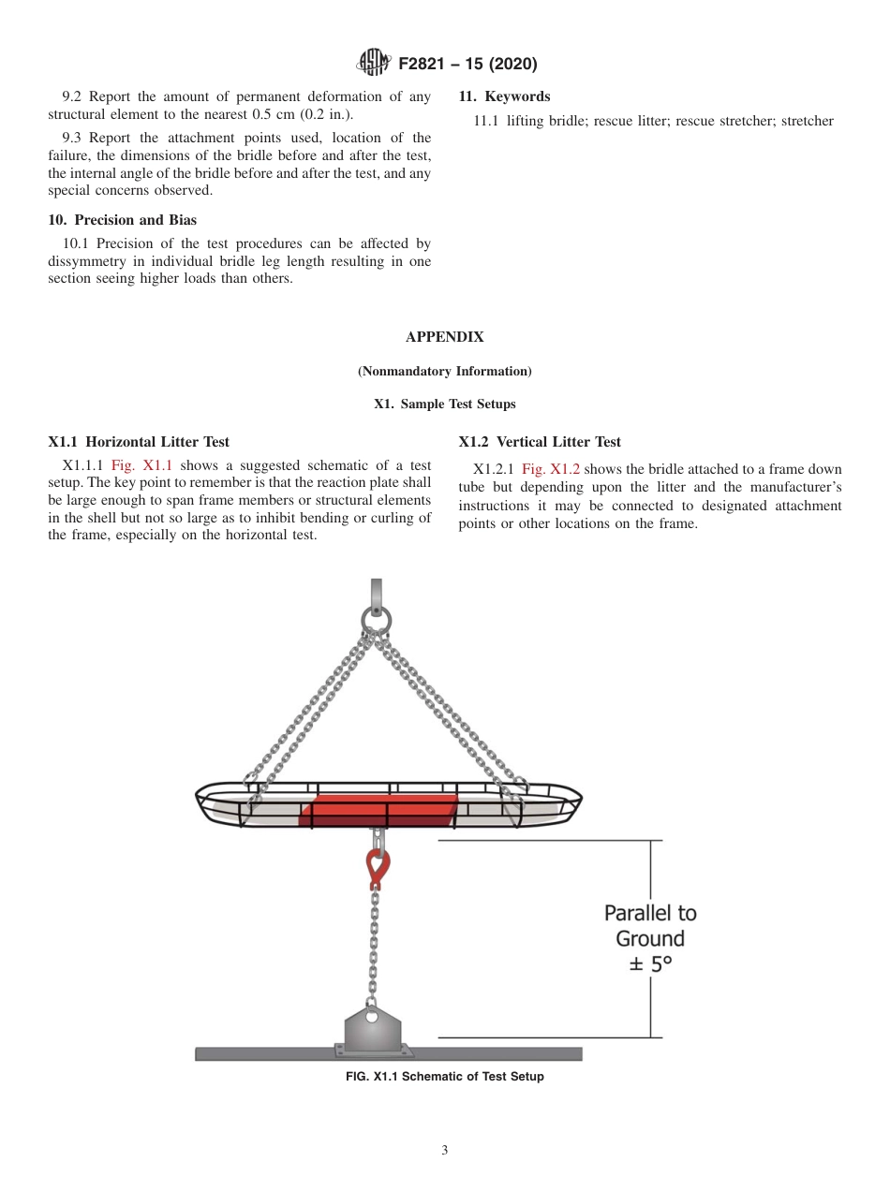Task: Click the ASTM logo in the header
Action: click(374, 64)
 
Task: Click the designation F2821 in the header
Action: click(427, 65)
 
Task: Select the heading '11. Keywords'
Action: click(504, 96)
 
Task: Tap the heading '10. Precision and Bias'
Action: click(123, 220)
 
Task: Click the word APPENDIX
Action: click(445, 337)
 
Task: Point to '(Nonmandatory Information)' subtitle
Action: click(445, 372)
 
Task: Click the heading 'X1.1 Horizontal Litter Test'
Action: click(139, 442)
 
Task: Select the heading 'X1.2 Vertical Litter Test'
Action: click(540, 442)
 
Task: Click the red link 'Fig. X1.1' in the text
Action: click(141, 465)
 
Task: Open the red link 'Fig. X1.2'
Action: click(552, 469)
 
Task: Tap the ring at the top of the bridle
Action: click(377, 620)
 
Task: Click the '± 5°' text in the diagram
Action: click(650, 964)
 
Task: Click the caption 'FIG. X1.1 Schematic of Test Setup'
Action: click(445, 1077)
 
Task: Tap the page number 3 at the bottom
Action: click(445, 1150)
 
